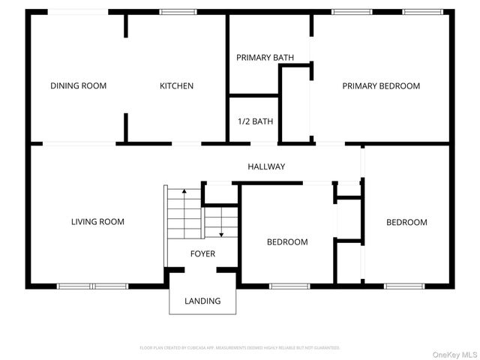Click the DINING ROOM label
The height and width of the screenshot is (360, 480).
(78, 86)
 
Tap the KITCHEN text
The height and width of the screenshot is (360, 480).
(176, 86)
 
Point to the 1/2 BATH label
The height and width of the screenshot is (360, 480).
(255, 121)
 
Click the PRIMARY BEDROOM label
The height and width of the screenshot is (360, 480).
(381, 86)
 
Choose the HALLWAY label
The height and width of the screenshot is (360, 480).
(266, 166)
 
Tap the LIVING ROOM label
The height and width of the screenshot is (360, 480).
(97, 222)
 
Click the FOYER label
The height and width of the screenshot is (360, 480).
(202, 254)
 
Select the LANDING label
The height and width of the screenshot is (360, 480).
(202, 301)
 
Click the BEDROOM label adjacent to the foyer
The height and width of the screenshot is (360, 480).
(287, 242)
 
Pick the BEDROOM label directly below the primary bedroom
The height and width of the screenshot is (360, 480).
(406, 223)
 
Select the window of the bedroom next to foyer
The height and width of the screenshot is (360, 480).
(289, 286)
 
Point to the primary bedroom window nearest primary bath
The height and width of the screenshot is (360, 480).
(346, 12)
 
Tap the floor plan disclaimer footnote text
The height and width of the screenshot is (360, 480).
(240, 348)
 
